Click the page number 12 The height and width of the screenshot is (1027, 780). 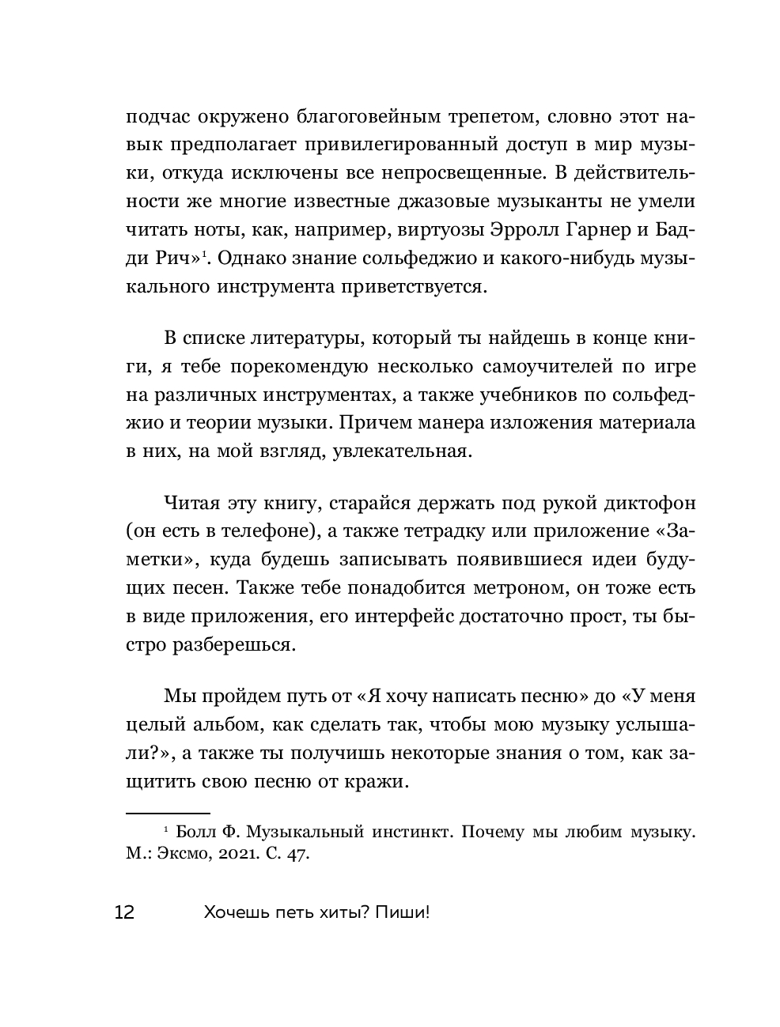click(124, 912)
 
